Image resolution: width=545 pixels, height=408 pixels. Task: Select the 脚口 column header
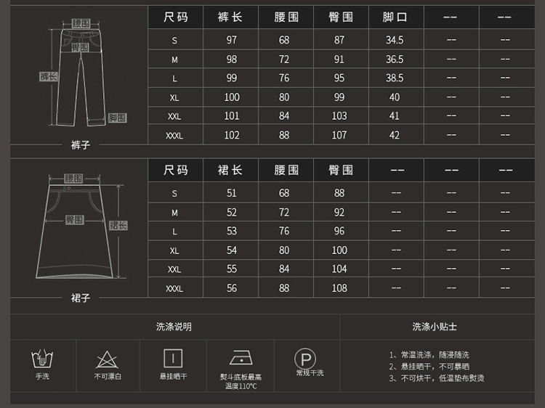click(395, 17)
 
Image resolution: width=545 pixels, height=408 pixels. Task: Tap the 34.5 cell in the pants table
click(395, 41)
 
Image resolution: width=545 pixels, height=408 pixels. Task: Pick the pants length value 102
click(231, 134)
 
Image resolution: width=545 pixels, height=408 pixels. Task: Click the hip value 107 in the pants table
click(339, 134)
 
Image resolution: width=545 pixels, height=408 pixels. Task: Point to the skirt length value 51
click(231, 193)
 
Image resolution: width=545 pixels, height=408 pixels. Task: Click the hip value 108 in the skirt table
click(339, 288)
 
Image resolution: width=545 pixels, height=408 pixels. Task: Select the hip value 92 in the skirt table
click(339, 213)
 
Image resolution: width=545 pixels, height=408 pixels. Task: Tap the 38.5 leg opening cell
click(395, 78)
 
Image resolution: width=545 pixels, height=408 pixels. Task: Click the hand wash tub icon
click(42, 359)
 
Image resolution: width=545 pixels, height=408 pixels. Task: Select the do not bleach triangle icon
click(108, 359)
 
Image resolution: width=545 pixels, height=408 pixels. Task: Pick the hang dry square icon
click(173, 358)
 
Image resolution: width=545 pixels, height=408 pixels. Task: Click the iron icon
click(241, 359)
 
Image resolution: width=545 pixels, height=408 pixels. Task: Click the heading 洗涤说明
click(174, 327)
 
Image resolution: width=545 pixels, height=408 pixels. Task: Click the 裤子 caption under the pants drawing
click(80, 144)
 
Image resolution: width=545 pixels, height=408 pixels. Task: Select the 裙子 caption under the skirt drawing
click(80, 298)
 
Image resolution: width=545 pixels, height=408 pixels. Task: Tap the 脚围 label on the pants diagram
click(117, 118)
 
